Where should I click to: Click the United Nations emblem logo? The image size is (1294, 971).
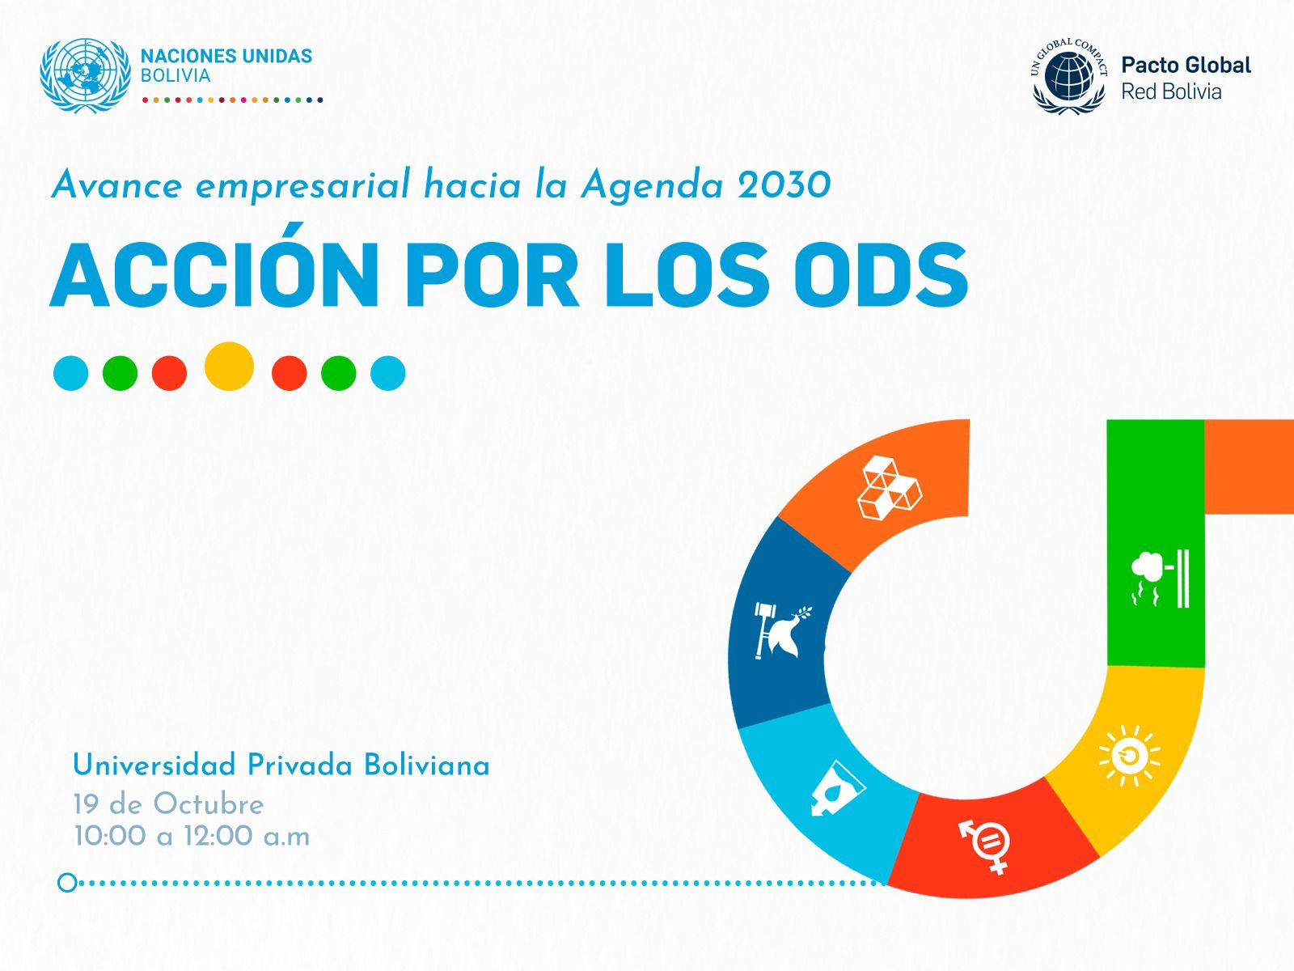pyautogui.click(x=86, y=75)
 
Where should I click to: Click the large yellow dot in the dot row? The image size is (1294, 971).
pyautogui.click(x=230, y=366)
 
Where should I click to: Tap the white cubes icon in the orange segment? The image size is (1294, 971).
pyautogui.click(x=889, y=487)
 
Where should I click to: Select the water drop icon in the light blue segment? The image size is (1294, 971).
pyautogui.click(x=838, y=789)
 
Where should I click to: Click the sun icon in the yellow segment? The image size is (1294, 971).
pyautogui.click(x=1130, y=755)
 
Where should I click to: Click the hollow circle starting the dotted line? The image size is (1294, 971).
pyautogui.click(x=67, y=883)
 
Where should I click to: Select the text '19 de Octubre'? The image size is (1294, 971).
pyautogui.click(x=168, y=805)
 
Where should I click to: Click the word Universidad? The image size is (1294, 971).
pyautogui.click(x=154, y=765)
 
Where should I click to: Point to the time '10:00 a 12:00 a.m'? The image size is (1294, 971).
pyautogui.click(x=192, y=836)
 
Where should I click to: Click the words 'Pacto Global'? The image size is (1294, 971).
pyautogui.click(x=1186, y=65)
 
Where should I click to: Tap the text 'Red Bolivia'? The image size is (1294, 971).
pyautogui.click(x=1171, y=92)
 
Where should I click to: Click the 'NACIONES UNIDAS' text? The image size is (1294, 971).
pyautogui.click(x=226, y=56)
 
